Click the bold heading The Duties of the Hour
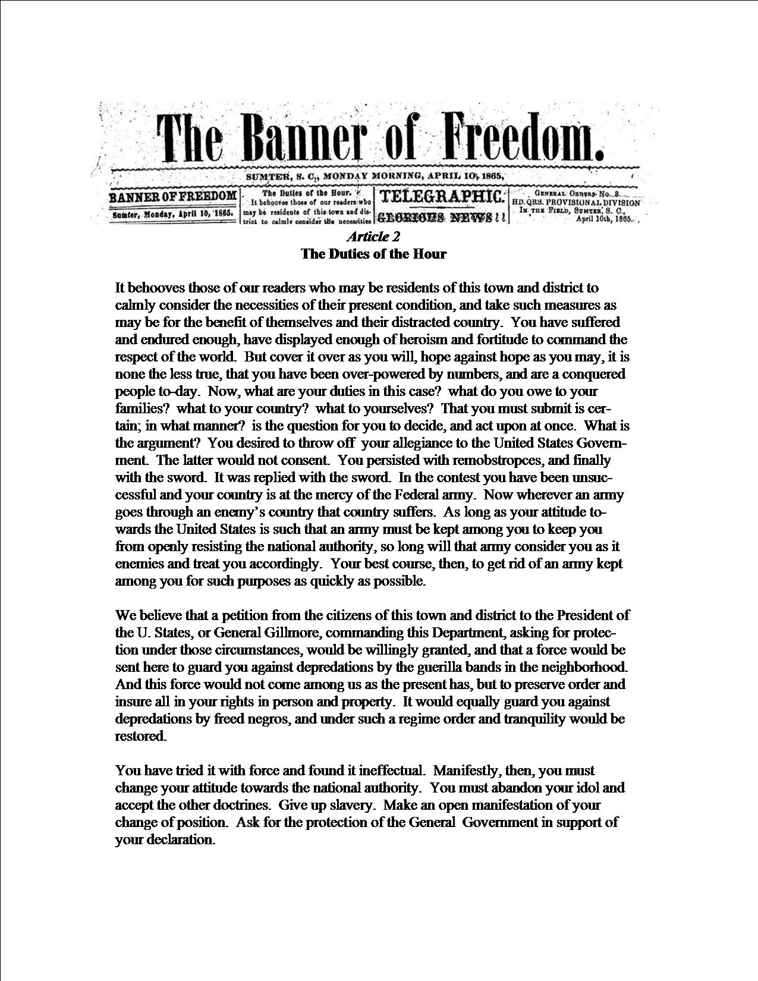[373, 254]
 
